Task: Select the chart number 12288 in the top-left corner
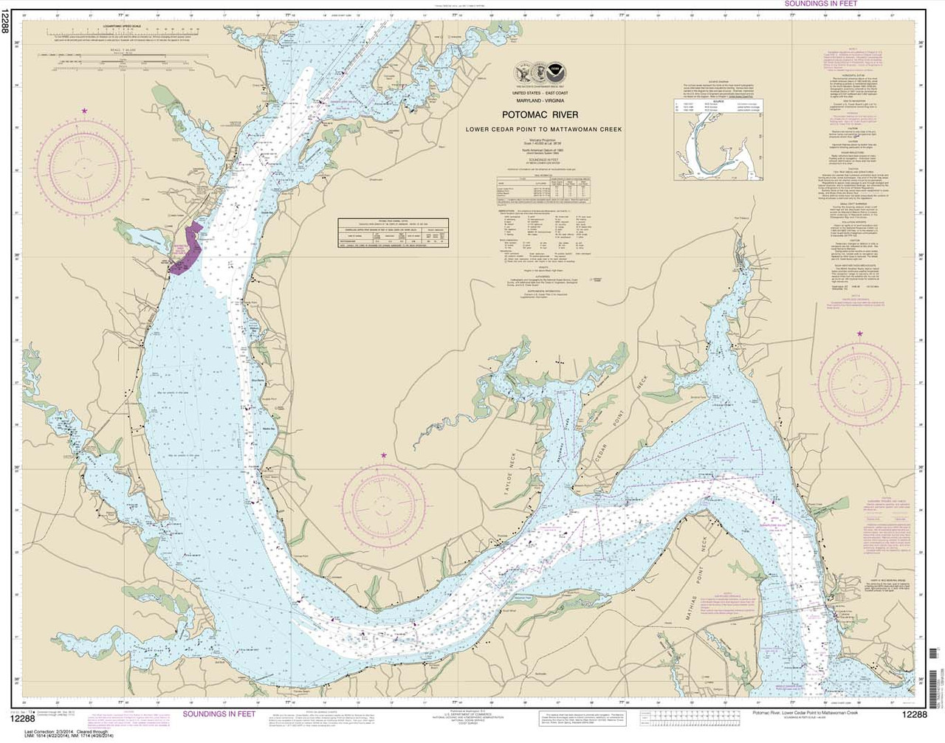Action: [7, 30]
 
